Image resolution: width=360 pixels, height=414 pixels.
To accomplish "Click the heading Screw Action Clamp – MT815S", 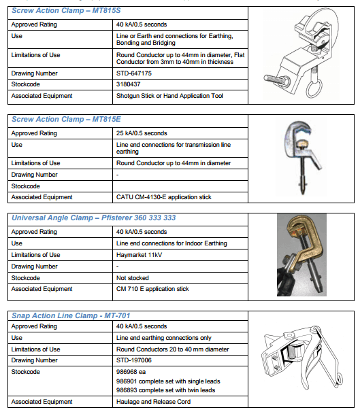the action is pyautogui.click(x=66, y=11).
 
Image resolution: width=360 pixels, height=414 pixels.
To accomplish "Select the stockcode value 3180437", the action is pyautogui.click(x=128, y=84).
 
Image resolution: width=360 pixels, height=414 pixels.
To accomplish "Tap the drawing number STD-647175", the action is pyautogui.click(x=134, y=73).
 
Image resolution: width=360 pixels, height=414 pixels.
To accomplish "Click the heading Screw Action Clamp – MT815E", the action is pyautogui.click(x=66, y=120).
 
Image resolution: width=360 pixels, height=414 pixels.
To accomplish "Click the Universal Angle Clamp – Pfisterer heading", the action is pyautogui.click(x=93, y=218).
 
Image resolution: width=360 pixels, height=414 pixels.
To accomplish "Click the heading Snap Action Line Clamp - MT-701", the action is pyautogui.click(x=71, y=315).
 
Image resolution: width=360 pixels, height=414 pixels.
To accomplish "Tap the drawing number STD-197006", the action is pyautogui.click(x=134, y=360).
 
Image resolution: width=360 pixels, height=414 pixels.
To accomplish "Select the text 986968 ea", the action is pyautogui.click(x=131, y=372).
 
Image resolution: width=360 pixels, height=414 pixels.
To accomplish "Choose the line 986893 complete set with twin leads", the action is pyautogui.click(x=165, y=390).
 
